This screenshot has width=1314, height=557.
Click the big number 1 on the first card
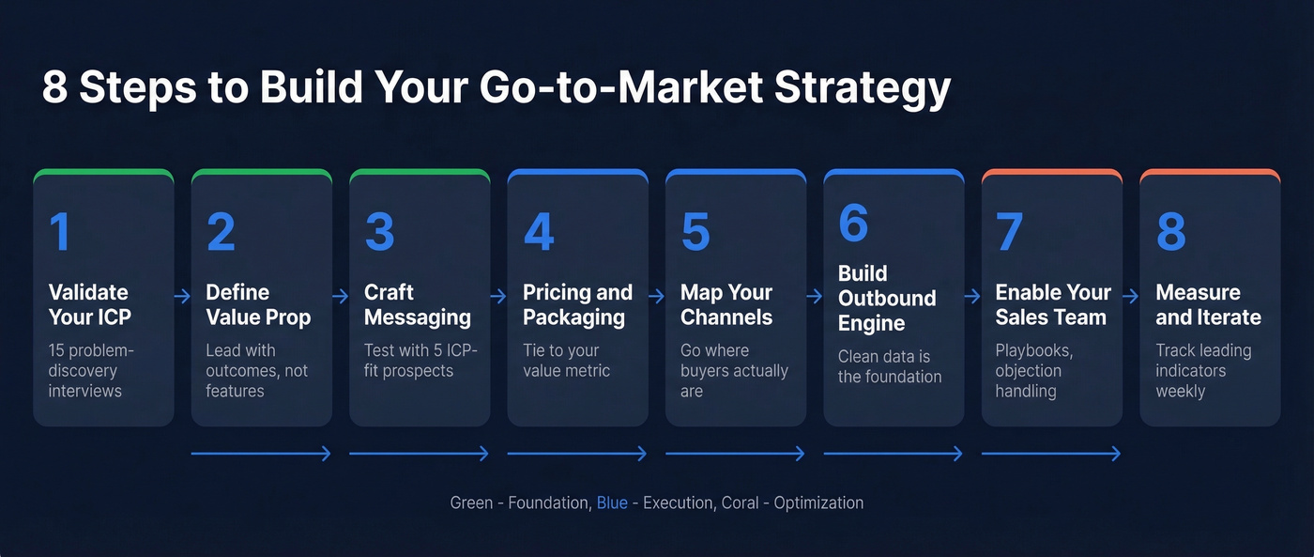(x=60, y=231)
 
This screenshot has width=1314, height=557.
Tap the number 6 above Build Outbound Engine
(x=853, y=223)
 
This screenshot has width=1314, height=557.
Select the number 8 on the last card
(x=1170, y=231)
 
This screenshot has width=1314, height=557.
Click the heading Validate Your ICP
(x=88, y=304)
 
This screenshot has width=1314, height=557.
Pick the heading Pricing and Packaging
(x=576, y=304)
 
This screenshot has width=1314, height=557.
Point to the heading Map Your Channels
(x=727, y=304)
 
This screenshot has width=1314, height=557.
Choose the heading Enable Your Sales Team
(x=1052, y=304)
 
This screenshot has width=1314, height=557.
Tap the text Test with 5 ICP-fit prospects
(x=420, y=361)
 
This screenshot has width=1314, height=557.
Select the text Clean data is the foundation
(x=889, y=366)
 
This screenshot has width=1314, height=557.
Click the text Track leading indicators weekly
(x=1203, y=370)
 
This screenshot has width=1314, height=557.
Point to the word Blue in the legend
(x=612, y=503)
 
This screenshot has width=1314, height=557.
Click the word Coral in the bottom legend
(x=742, y=503)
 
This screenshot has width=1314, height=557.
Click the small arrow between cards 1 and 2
(x=182, y=297)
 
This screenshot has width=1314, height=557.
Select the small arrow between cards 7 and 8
(x=1131, y=297)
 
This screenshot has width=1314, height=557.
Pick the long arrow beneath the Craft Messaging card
(x=419, y=454)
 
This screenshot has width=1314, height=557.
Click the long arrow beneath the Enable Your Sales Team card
(x=1051, y=454)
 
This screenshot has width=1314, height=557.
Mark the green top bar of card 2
(x=262, y=175)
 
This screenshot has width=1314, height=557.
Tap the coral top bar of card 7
(x=1052, y=175)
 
